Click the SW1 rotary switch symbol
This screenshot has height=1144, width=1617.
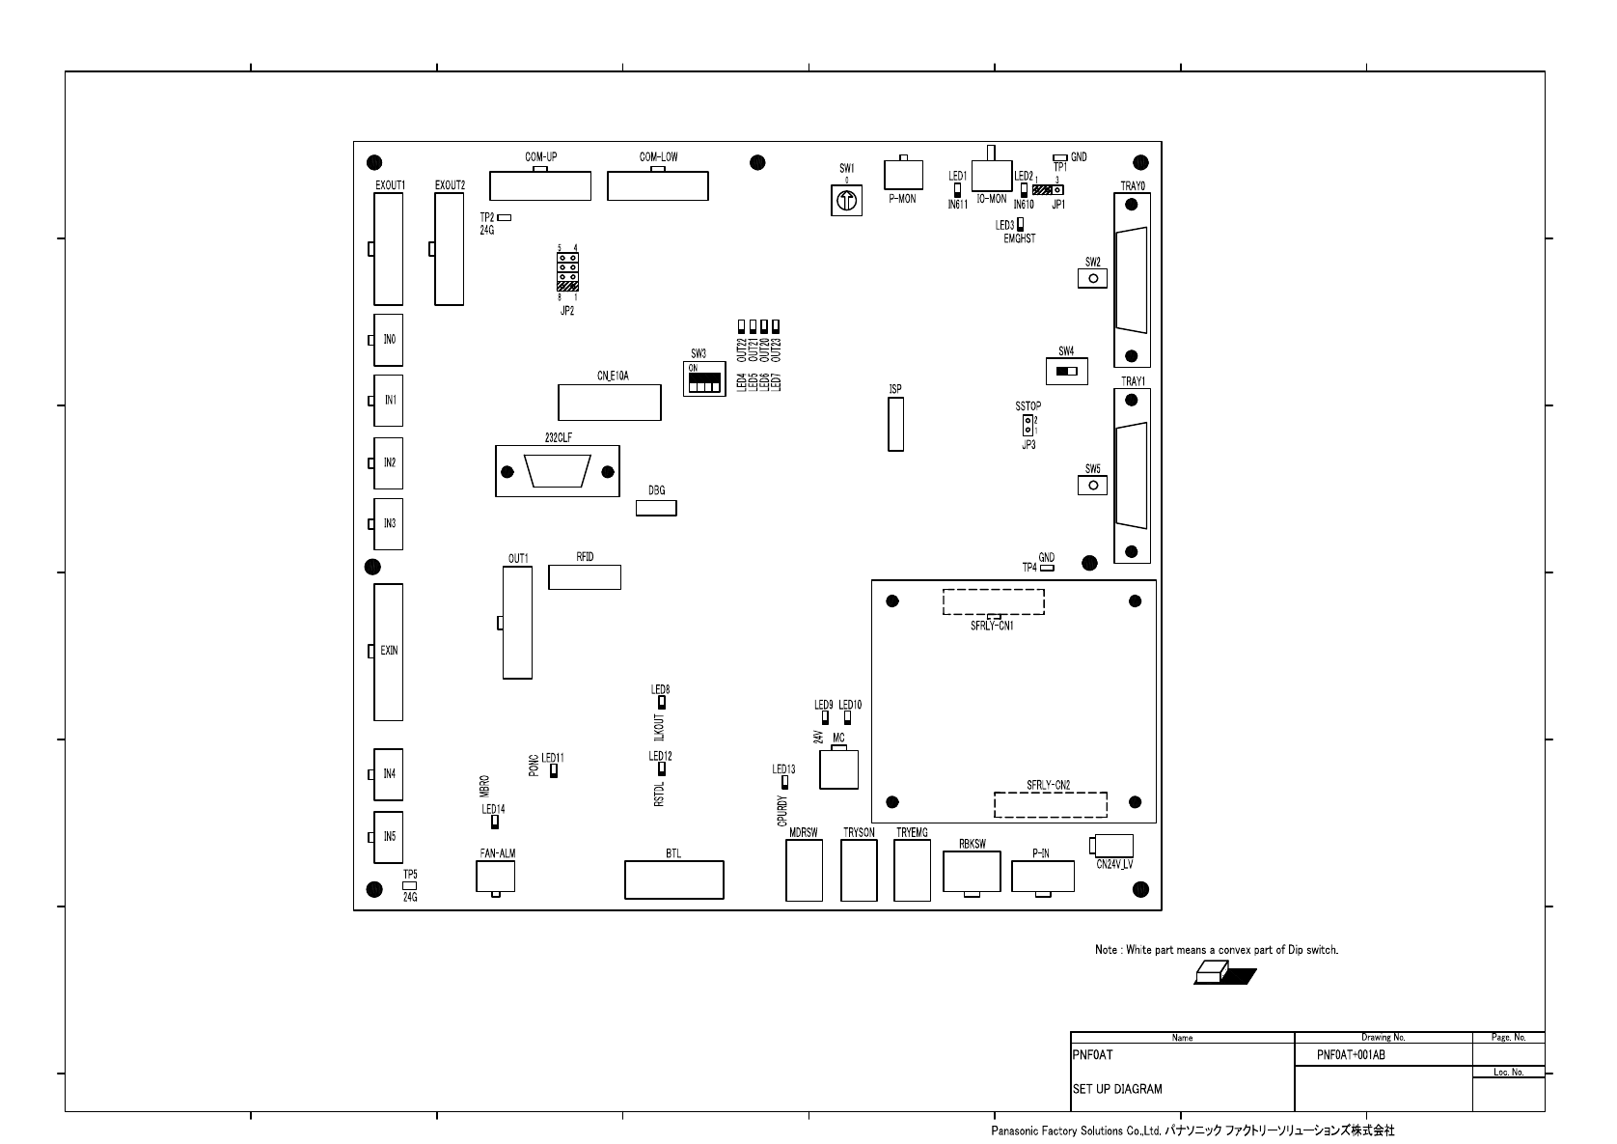tap(846, 200)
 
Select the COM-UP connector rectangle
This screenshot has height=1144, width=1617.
tap(540, 185)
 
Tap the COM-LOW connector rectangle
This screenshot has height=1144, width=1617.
tap(658, 185)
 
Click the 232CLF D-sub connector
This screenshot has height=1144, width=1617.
tap(558, 471)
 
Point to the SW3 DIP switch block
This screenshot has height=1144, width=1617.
tap(704, 378)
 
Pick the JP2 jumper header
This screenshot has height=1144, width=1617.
tap(567, 271)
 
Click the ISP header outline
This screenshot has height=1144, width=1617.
tap(896, 425)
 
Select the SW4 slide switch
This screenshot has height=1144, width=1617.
tap(1066, 372)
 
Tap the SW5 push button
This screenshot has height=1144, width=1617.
tap(1092, 485)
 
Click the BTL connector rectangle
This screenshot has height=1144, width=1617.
tap(674, 879)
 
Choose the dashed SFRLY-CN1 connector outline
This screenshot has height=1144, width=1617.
tap(994, 601)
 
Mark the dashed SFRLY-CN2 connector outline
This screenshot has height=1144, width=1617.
tap(1051, 804)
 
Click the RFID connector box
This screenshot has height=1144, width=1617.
tap(585, 577)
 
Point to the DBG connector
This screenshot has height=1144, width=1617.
tap(656, 508)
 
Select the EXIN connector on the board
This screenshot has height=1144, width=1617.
tap(388, 653)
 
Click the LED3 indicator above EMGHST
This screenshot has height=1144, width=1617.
tap(1020, 225)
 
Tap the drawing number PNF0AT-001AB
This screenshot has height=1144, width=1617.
tap(1351, 1054)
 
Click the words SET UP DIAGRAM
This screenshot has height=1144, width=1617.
tap(1117, 1089)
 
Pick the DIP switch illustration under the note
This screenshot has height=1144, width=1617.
tap(1225, 973)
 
